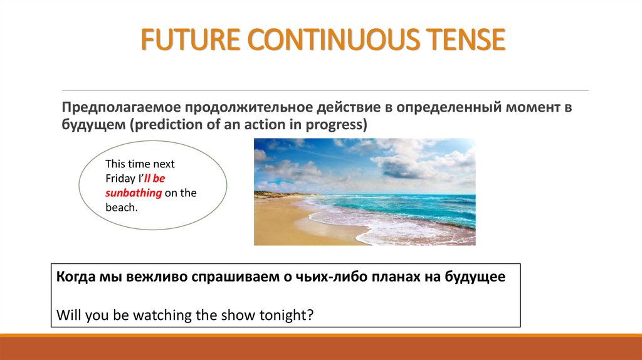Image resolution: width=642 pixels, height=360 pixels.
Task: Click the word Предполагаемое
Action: point(121,107)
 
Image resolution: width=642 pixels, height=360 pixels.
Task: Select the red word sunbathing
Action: point(134,193)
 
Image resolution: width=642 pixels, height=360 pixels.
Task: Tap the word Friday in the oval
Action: point(120,179)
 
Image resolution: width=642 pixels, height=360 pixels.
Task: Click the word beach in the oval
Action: point(120,207)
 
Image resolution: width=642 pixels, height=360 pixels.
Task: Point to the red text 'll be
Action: point(154,178)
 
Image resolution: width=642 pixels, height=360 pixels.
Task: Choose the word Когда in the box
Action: point(75,277)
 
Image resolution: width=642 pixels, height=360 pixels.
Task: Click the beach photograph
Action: point(365,192)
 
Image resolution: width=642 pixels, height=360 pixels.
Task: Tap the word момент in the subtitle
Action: point(533,107)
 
